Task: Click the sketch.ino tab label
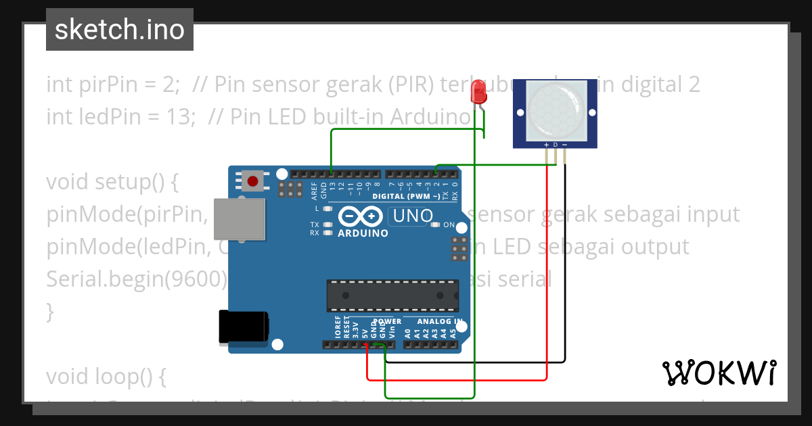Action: (x=120, y=30)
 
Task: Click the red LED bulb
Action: (x=479, y=91)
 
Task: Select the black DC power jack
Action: (x=242, y=327)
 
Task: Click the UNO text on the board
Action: (x=412, y=216)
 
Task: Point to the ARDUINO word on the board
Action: (x=363, y=233)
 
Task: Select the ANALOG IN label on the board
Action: (x=439, y=321)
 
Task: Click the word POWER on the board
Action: (x=387, y=321)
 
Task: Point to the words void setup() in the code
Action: (x=112, y=182)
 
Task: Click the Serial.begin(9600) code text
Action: (x=135, y=279)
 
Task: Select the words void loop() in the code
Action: (x=106, y=377)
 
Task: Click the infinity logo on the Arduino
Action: (x=361, y=216)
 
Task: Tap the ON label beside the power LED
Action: (x=449, y=224)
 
